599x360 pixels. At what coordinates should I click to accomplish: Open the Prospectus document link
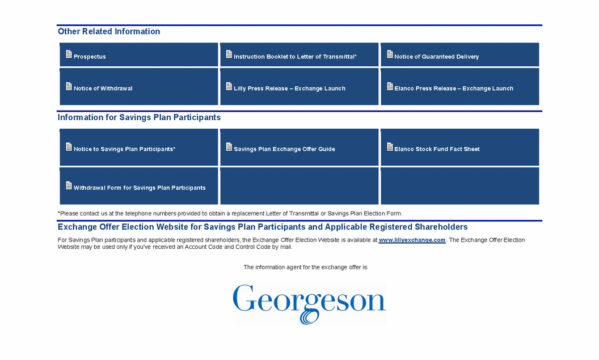(90, 57)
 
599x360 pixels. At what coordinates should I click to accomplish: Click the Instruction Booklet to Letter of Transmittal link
(295, 57)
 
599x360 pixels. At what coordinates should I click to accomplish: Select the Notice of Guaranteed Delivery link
(436, 57)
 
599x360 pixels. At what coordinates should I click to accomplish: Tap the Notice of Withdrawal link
(103, 88)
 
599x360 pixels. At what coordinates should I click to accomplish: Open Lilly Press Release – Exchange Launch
(289, 88)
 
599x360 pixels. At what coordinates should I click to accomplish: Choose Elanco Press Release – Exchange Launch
(453, 88)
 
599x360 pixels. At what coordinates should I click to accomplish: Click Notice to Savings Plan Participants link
(124, 149)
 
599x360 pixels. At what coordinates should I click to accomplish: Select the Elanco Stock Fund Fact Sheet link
(437, 149)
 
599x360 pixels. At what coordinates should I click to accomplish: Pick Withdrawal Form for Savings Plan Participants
(139, 188)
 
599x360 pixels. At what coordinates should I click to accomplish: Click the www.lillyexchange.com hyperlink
(412, 240)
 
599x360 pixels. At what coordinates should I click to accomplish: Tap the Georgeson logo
(309, 304)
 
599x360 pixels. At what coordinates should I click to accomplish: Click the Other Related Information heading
(109, 32)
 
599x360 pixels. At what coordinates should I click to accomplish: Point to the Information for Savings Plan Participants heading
(139, 118)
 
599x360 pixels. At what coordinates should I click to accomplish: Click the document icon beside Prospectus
(69, 54)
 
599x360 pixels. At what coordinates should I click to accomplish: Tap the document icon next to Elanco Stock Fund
(390, 147)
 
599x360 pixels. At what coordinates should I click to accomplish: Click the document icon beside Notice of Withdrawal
(69, 86)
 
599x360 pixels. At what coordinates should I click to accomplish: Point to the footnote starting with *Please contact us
(230, 214)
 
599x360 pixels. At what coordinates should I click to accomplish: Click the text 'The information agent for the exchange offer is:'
(306, 267)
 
